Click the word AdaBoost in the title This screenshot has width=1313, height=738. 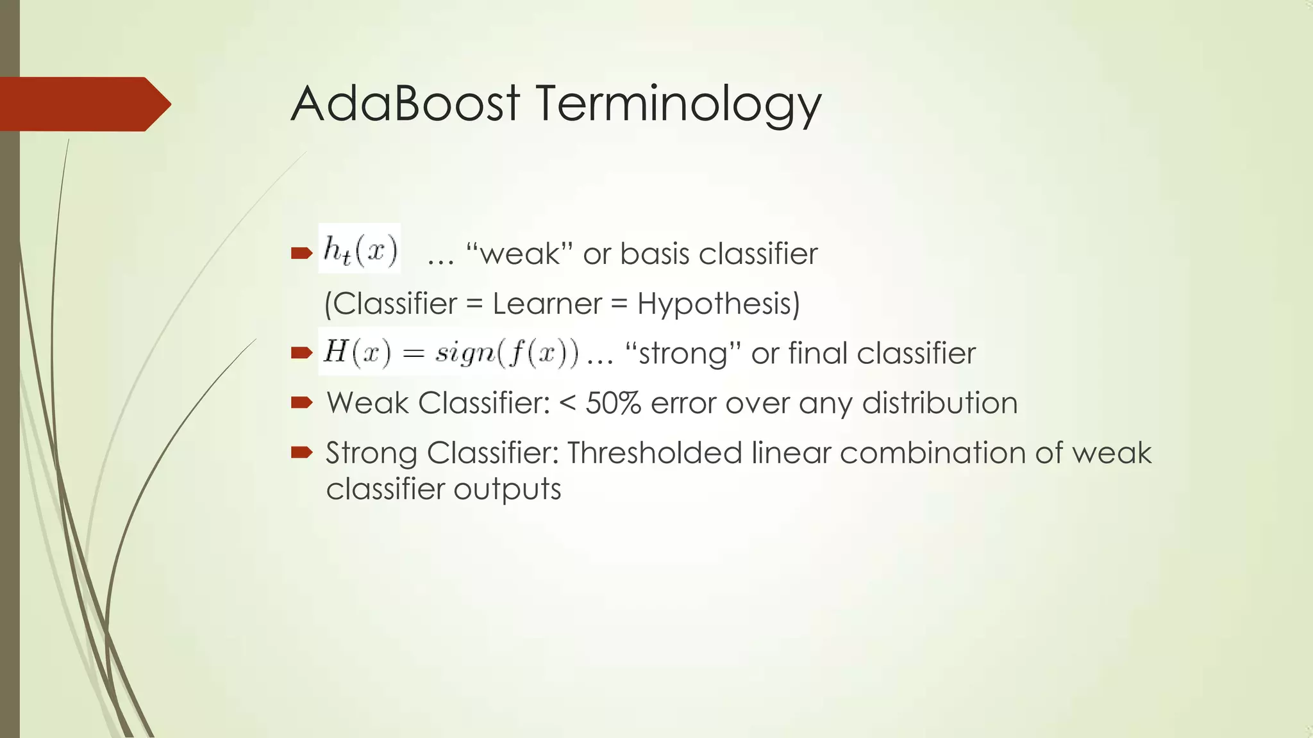click(405, 104)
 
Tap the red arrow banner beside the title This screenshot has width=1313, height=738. click(83, 104)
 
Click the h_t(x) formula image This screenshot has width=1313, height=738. click(360, 249)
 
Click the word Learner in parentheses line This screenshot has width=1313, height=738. click(547, 304)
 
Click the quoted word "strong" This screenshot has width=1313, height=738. click(682, 354)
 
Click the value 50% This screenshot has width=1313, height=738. click(613, 403)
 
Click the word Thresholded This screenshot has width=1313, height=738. click(654, 453)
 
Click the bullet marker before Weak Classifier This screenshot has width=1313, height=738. click(301, 402)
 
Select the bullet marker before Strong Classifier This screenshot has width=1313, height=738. click(301, 452)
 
